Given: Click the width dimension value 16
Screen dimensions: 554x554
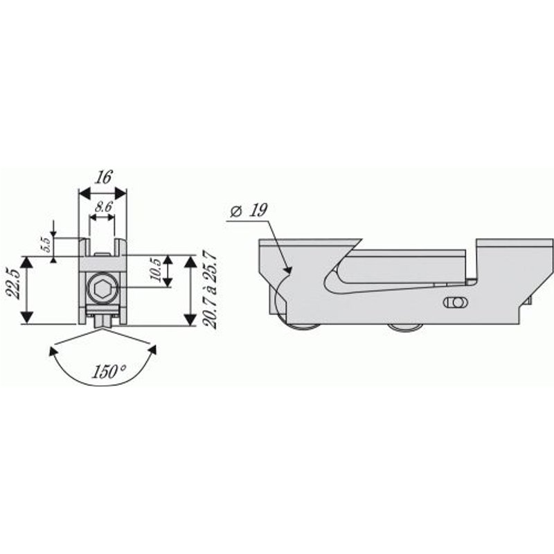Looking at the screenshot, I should coord(104,177).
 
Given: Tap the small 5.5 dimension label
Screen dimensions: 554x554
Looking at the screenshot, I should coord(47,245).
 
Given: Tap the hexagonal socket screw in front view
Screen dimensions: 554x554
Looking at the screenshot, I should coord(102,290).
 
